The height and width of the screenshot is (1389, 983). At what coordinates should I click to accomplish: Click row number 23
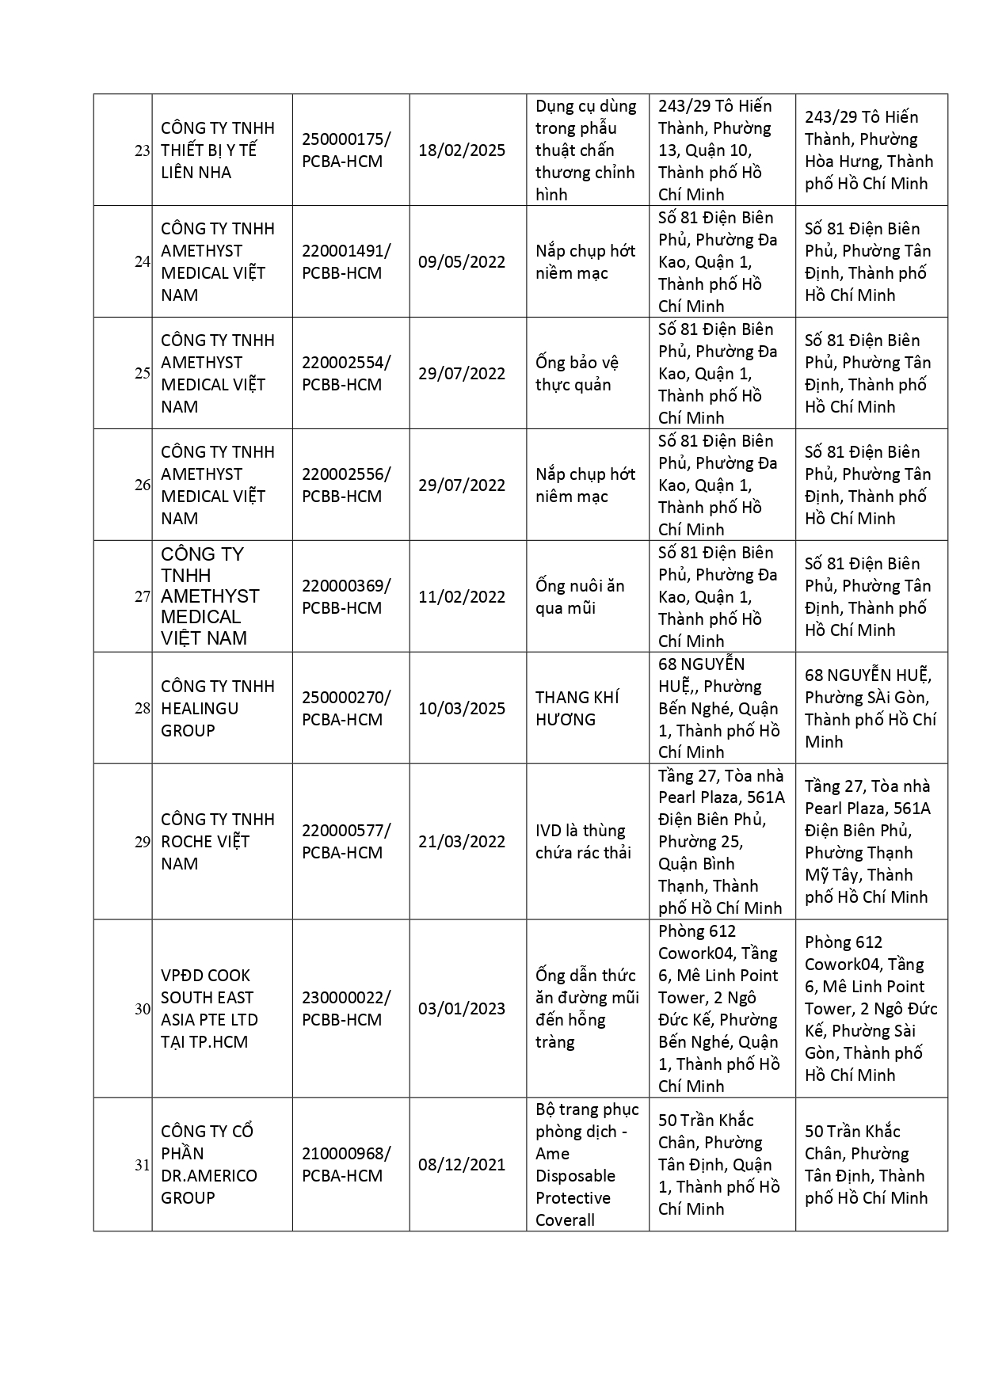pyautogui.click(x=142, y=150)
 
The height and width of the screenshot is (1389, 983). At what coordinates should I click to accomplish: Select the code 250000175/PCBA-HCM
pyautogui.click(x=345, y=150)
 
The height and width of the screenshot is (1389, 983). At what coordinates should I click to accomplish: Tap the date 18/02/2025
pyautogui.click(x=462, y=150)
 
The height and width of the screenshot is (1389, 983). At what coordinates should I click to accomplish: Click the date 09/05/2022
pyautogui.click(x=462, y=262)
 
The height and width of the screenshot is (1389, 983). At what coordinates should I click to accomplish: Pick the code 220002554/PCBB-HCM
pyautogui.click(x=345, y=374)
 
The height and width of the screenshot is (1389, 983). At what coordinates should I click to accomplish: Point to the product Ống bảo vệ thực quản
pyautogui.click(x=577, y=374)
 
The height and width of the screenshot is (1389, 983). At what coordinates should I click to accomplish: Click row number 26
pyautogui.click(x=142, y=485)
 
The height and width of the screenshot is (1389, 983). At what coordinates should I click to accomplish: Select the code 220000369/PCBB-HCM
pyautogui.click(x=345, y=597)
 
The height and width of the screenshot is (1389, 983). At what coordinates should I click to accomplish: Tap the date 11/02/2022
pyautogui.click(x=462, y=597)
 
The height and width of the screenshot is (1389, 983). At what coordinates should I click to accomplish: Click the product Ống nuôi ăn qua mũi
pyautogui.click(x=579, y=597)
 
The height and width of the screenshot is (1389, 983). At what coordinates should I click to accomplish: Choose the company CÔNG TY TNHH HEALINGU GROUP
pyautogui.click(x=217, y=709)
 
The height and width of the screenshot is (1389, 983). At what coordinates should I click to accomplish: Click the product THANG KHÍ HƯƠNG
pyautogui.click(x=577, y=709)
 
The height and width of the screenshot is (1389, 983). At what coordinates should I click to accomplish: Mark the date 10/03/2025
pyautogui.click(x=462, y=709)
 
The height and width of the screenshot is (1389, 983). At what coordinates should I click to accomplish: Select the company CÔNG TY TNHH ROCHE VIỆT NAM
pyautogui.click(x=217, y=842)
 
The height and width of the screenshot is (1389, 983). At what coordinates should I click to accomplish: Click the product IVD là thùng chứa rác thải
pyautogui.click(x=583, y=842)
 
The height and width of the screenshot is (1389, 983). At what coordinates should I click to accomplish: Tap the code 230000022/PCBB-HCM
pyautogui.click(x=345, y=1009)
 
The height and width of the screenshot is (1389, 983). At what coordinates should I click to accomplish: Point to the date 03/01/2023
pyautogui.click(x=462, y=1009)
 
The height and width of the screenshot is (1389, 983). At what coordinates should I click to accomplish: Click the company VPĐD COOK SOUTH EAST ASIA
pyautogui.click(x=209, y=1009)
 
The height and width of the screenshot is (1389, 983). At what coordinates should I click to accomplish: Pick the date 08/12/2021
pyautogui.click(x=462, y=1165)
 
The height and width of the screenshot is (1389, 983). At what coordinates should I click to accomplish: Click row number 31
pyautogui.click(x=142, y=1165)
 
